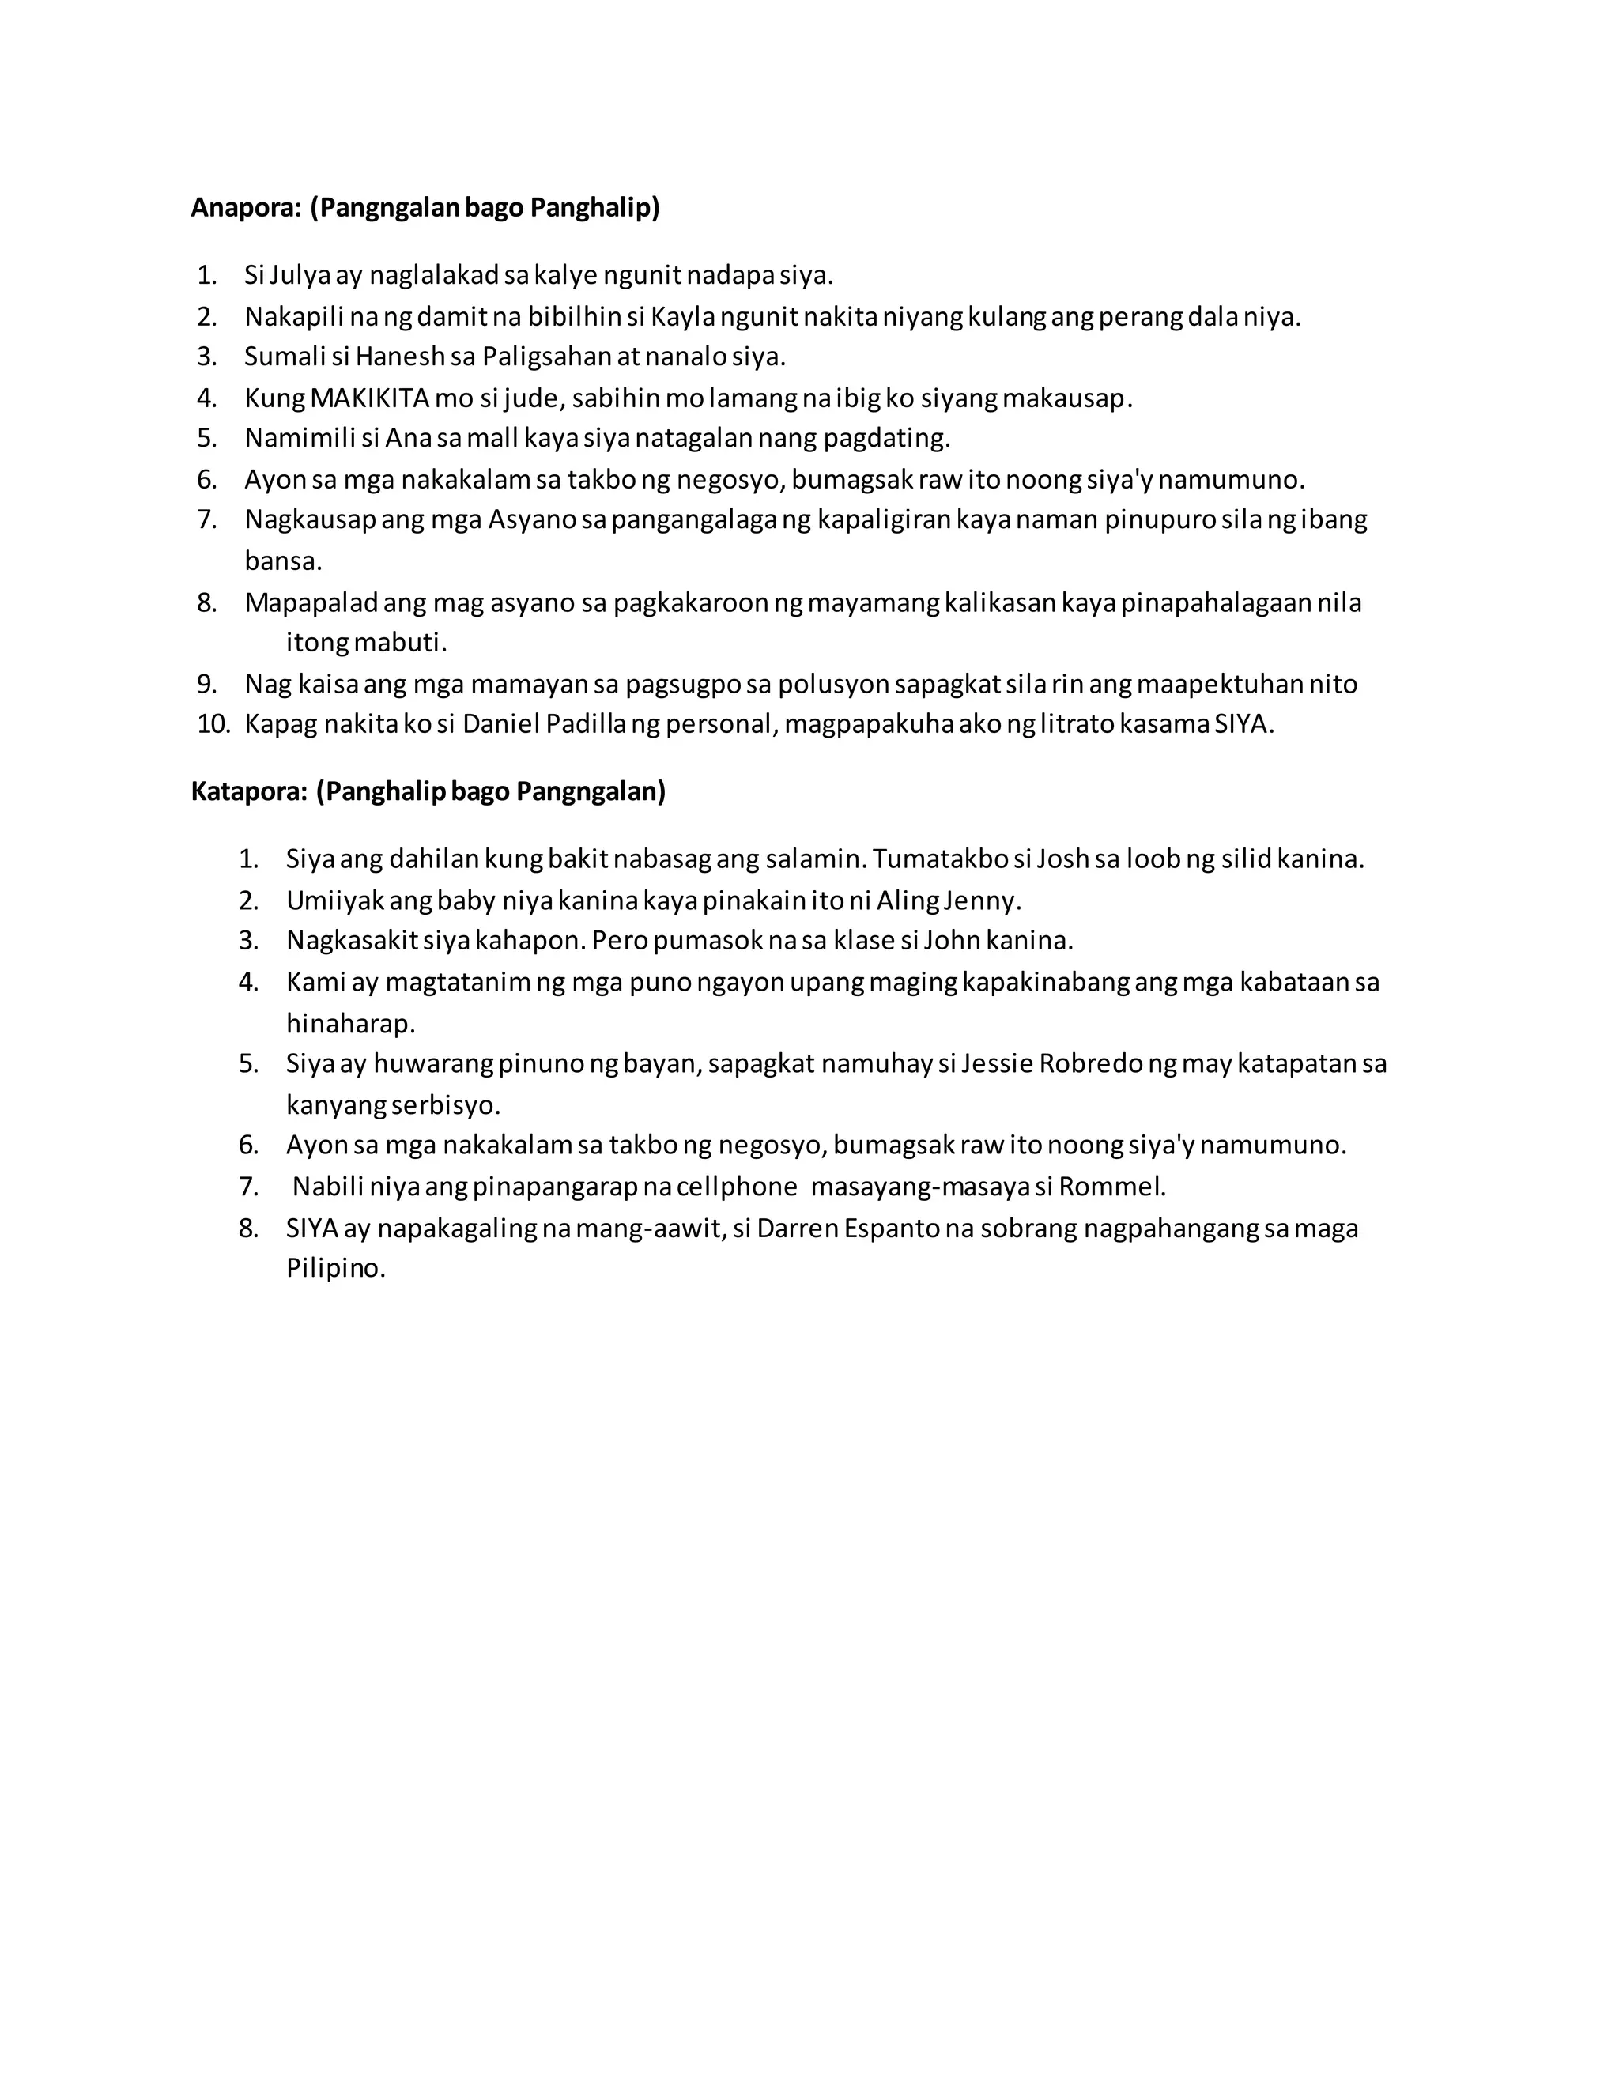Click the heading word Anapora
[x=247, y=207]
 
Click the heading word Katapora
[x=249, y=791]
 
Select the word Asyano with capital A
[x=532, y=520]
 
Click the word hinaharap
[x=350, y=1024]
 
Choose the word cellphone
[x=737, y=1187]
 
